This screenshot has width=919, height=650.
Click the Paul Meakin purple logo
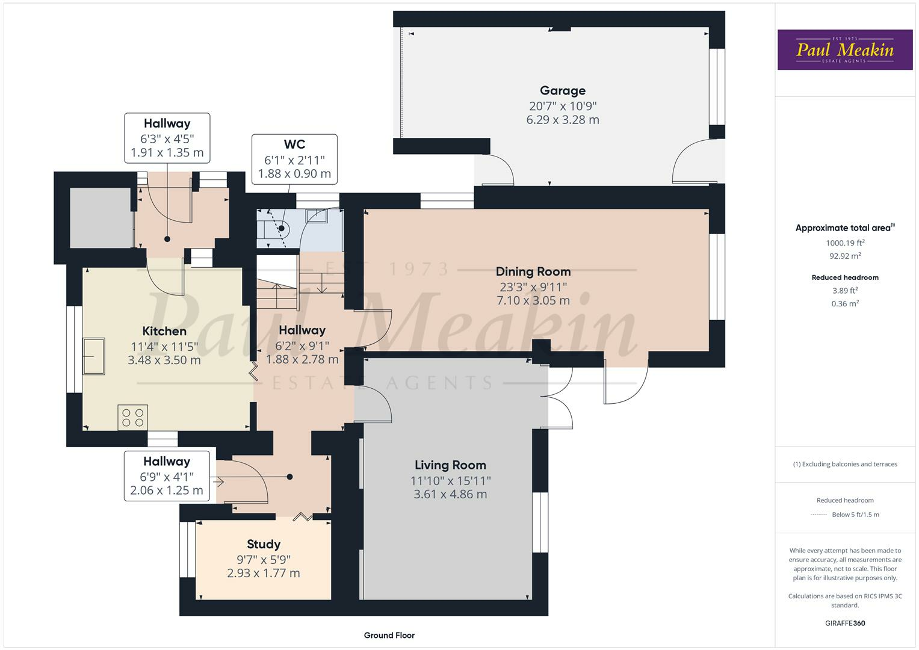coord(844,49)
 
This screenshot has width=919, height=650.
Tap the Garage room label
coord(562,91)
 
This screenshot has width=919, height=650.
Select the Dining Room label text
coord(533,271)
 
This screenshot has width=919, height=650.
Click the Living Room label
coord(450,465)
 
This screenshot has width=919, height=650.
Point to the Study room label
coord(264,544)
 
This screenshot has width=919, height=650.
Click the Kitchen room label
coord(164,331)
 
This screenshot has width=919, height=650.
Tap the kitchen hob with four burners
coord(133,417)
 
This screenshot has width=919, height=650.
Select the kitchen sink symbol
coord(94,356)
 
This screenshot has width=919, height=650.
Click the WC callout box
coord(294,159)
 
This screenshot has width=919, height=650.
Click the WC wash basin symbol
coord(316,215)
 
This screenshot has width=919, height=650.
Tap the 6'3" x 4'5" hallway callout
coord(167,138)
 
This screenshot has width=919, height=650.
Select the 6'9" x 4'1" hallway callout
coord(167,476)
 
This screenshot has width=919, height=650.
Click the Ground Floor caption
coord(389,635)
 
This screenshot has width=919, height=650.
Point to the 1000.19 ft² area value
coord(845,243)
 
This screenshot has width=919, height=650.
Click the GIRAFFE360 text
coord(845,623)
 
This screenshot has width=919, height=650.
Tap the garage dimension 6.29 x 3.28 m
coord(562,120)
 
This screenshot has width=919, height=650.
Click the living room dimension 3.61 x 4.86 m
coord(450,494)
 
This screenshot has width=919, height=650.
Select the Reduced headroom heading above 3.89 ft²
coord(845,277)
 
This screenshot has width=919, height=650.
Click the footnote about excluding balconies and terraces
coord(845,464)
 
